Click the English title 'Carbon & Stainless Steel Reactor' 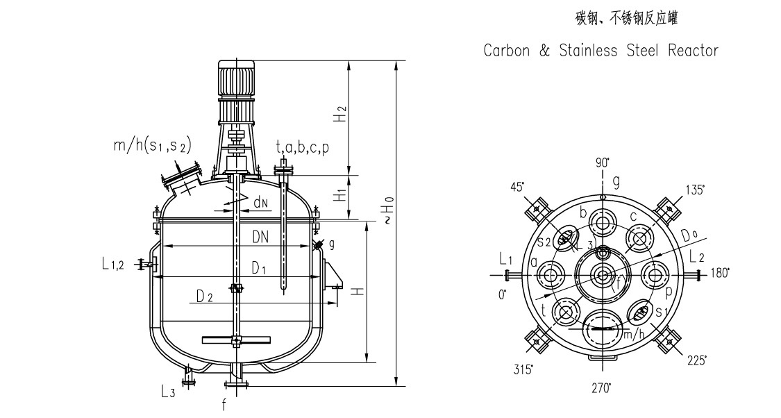coord(601,51)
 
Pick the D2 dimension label coord(203,297)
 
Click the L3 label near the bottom coord(167,393)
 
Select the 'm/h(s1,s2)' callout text coord(152,145)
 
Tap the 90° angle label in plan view coord(603,163)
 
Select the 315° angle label coord(523,368)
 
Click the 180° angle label coord(720,274)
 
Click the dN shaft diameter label coord(260,203)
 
